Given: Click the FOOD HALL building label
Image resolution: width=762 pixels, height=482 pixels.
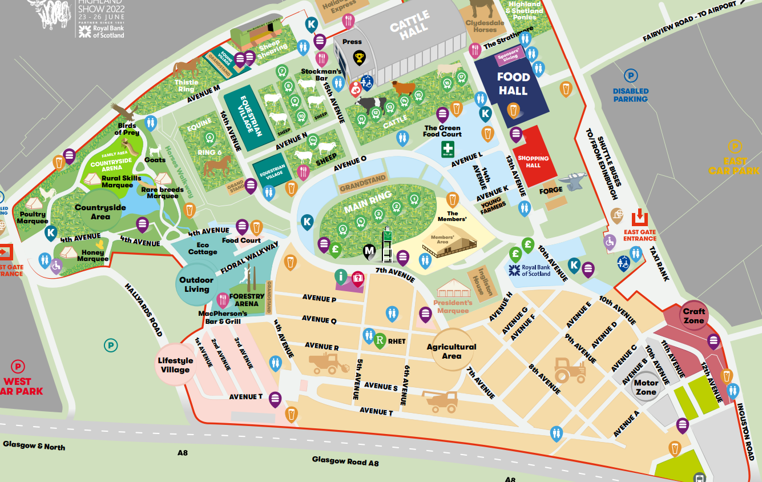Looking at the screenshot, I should point(513,83).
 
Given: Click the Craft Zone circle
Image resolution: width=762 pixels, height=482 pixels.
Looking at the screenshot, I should point(694,316).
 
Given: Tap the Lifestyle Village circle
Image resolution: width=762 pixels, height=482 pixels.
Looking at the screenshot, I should point(175,365).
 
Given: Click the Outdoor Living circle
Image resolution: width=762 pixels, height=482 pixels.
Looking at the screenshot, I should point(196,284).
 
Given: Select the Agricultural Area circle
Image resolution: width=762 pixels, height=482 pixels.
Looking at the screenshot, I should point(451,351).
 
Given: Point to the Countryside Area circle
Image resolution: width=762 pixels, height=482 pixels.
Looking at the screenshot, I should point(100,212).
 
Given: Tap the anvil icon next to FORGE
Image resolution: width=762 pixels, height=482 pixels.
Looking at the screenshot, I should point(573,182).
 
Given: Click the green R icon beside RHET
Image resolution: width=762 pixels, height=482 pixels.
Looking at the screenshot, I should point(380,341).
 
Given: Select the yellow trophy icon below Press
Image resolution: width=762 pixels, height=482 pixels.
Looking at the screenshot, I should point(359,57).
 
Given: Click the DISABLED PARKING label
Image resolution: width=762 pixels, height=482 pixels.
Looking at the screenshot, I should point(630,95).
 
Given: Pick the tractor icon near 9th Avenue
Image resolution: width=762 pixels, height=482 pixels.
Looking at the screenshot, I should point(570,369).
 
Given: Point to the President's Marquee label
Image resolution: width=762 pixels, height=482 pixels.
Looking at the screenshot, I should point(452,307).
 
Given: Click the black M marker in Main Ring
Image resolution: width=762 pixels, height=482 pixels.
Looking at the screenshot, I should point(369,250).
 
